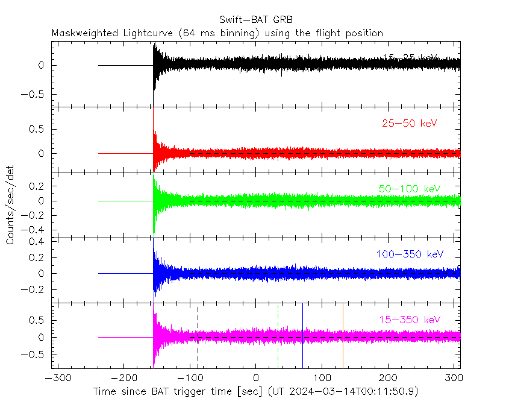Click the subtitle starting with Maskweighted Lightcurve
coord(217,33)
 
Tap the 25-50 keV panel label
coord(409,124)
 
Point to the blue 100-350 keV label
coord(410,254)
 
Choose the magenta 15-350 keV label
coord(410,320)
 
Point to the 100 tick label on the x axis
coord(322,378)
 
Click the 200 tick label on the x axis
coord(388,378)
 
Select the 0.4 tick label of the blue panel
coord(39,242)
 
